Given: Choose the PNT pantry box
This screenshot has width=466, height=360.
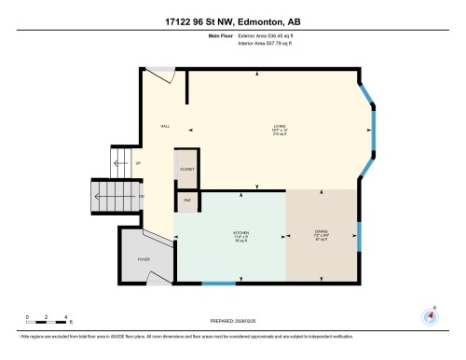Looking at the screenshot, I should point(185,200).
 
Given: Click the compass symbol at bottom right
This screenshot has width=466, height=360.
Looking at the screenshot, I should point(430,315).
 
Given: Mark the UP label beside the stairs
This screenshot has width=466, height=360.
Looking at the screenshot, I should point(139,162).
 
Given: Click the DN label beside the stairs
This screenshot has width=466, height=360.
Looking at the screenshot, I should point(141,197).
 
